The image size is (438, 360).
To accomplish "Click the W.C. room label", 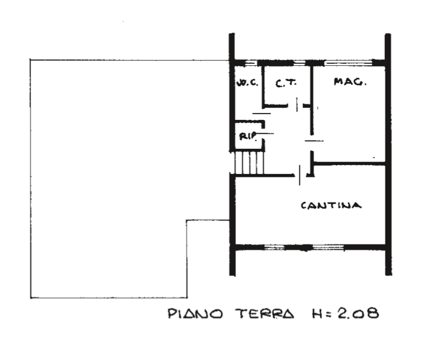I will pos(248,83).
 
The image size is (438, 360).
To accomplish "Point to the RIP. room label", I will pos(248,137).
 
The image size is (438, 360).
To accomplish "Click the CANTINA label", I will pos(331,205).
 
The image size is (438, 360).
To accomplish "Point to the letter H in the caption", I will pos(316,313).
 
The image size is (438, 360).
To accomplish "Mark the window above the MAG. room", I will pos(349,63).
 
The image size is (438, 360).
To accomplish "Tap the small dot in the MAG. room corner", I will pos(374,157).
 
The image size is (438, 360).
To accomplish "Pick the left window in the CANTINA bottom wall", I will pos(274,246).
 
